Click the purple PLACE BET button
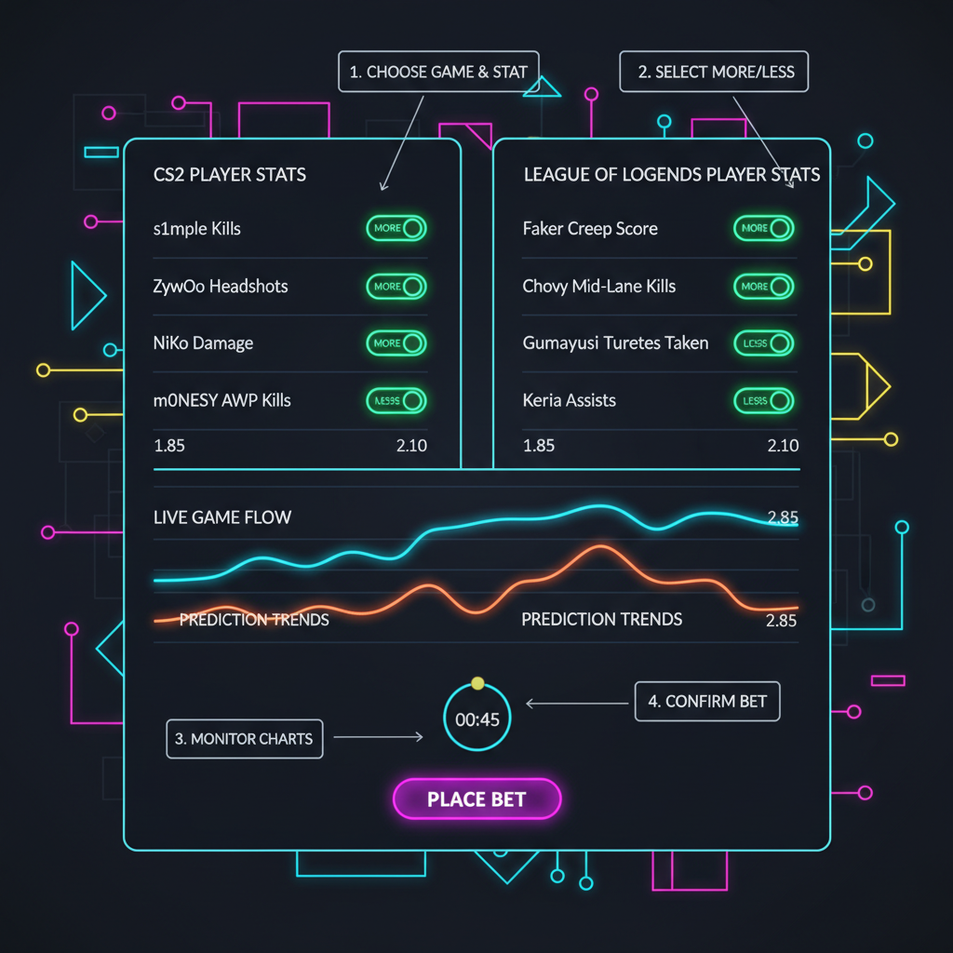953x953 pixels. pos(476,799)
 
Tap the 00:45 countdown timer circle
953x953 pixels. pos(476,718)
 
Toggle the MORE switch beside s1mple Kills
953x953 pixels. pos(395,228)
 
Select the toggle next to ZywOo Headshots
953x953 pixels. pos(395,286)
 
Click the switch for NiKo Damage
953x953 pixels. pos(395,343)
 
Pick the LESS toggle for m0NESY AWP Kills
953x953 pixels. pos(395,400)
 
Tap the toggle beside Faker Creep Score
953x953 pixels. pos(763,228)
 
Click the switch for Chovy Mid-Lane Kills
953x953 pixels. pos(763,286)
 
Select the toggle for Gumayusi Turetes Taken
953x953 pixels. pos(763,343)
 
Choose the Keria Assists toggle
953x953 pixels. pos(763,400)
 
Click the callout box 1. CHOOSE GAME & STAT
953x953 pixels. pos(438,72)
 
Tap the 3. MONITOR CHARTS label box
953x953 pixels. pos(245,739)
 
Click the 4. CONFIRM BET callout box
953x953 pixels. pos(707,702)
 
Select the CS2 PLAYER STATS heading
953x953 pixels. pos(229,174)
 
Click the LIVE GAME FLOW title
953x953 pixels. pos(221,517)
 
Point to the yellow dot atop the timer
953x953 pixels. pos(477,684)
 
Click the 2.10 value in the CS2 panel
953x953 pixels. pos(411,446)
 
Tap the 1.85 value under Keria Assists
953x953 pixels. pos(539,446)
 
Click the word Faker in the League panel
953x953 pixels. pos(544,228)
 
